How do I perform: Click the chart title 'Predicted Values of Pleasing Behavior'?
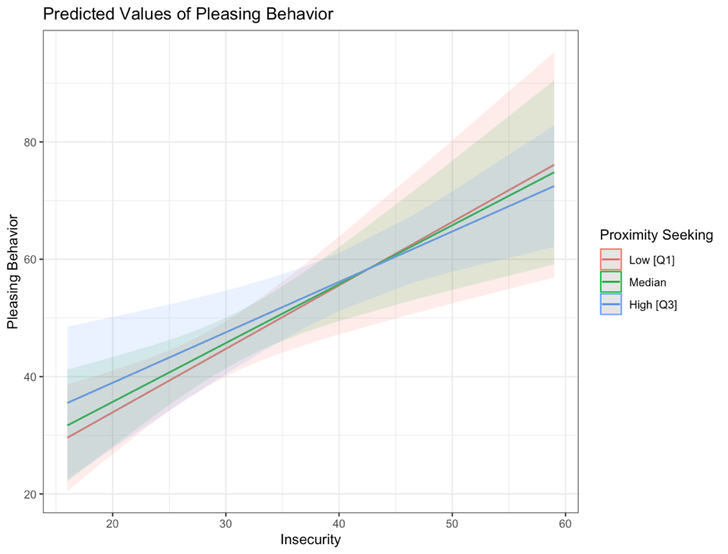tap(188, 14)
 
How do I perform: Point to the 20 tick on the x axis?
tap(113, 523)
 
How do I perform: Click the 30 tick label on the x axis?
tap(226, 523)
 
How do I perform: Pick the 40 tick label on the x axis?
tap(338, 523)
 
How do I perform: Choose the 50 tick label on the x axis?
tap(452, 523)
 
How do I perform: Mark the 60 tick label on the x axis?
tap(565, 523)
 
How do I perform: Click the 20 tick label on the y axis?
tap(31, 494)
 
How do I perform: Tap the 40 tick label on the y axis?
tap(31, 377)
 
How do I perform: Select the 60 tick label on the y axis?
tap(31, 260)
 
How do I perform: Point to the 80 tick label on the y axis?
tap(31, 142)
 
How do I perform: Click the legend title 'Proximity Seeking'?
tap(656, 235)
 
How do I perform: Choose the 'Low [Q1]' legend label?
tap(652, 260)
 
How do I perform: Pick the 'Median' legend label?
tap(648, 282)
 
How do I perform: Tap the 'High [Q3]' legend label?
tap(653, 305)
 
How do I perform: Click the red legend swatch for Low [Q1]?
tap(611, 260)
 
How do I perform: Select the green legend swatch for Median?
tap(611, 282)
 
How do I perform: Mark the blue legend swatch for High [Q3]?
tap(611, 305)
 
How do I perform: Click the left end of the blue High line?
tap(68, 402)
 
